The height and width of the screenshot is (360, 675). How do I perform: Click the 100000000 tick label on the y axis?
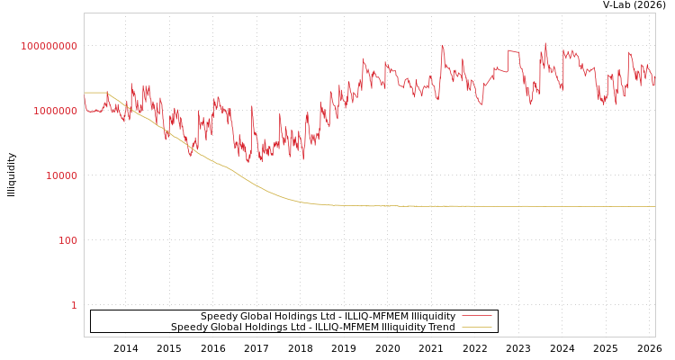tap(49, 46)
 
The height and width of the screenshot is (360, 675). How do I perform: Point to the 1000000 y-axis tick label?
tap(56, 111)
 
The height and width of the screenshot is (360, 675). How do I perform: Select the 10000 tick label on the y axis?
tap(62, 175)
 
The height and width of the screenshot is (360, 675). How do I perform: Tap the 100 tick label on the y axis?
tap(68, 240)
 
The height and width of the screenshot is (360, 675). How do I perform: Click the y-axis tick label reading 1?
tap(74, 305)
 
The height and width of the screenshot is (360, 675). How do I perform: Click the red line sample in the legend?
tap(476, 316)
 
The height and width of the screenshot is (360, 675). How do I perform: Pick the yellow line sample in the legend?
tap(476, 327)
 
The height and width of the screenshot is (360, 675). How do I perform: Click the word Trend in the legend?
tap(440, 327)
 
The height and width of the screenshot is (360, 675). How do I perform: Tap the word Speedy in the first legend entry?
tap(217, 316)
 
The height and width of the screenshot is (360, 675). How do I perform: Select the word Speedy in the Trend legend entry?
tap(187, 327)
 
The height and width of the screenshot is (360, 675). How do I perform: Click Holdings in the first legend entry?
tap(292, 316)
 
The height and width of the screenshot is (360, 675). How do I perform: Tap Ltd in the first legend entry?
tap(324, 316)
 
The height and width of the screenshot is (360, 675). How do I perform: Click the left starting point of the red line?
tap(85, 100)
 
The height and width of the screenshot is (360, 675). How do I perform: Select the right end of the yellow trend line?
tap(654, 206)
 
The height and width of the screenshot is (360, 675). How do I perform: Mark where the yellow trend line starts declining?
tap(107, 93)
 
